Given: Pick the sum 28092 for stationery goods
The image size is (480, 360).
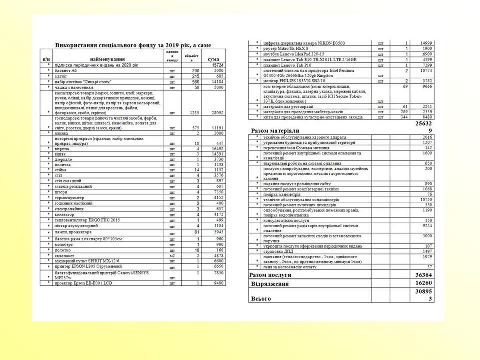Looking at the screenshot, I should [x=216, y=113].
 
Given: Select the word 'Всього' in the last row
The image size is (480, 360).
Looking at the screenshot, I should [x=260, y=299].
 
